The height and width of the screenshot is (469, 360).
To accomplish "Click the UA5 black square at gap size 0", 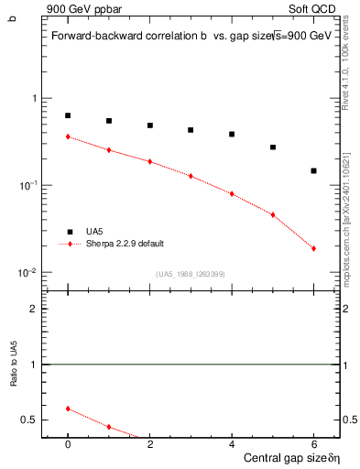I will coord(68,115).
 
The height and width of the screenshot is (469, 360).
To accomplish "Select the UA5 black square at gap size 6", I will coord(313,170).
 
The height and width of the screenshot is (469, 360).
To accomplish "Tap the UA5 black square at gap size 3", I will coord(191,130).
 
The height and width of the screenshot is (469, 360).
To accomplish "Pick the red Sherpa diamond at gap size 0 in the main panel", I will coord(68,136).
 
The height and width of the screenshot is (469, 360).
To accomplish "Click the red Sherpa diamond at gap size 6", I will coord(313,248).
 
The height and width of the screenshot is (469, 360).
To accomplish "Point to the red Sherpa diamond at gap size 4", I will coord(232,193).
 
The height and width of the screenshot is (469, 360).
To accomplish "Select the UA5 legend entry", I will coord(95,232).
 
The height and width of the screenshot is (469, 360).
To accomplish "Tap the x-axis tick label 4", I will coord(232,443).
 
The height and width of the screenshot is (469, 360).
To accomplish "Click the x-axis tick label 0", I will coord(68,443).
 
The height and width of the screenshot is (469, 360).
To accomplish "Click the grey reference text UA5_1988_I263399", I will coord(191,274).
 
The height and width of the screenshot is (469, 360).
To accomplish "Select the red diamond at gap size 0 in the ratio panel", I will coord(68,409).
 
